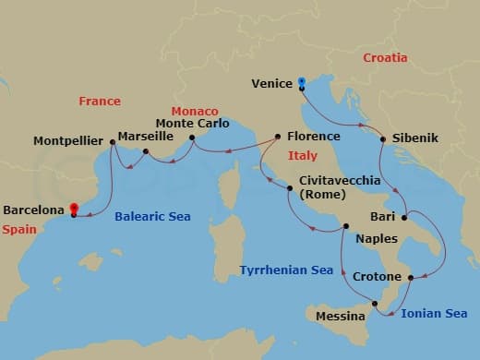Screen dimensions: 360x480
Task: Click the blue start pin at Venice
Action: (301, 84)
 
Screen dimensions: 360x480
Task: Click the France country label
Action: (100, 101)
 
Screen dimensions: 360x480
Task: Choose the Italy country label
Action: (302, 155)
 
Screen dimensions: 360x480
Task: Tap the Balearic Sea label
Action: (152, 217)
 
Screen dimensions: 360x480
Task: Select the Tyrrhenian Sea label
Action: (286, 270)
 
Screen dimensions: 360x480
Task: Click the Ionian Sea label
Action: (434, 314)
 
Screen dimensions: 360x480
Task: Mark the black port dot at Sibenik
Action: (382, 138)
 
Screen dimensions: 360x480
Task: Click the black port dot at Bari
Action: (404, 218)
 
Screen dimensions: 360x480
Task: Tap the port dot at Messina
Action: (375, 304)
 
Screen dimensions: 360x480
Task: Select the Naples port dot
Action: (346, 226)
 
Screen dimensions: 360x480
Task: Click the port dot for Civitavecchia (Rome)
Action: (290, 189)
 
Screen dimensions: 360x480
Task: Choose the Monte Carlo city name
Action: (192, 123)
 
